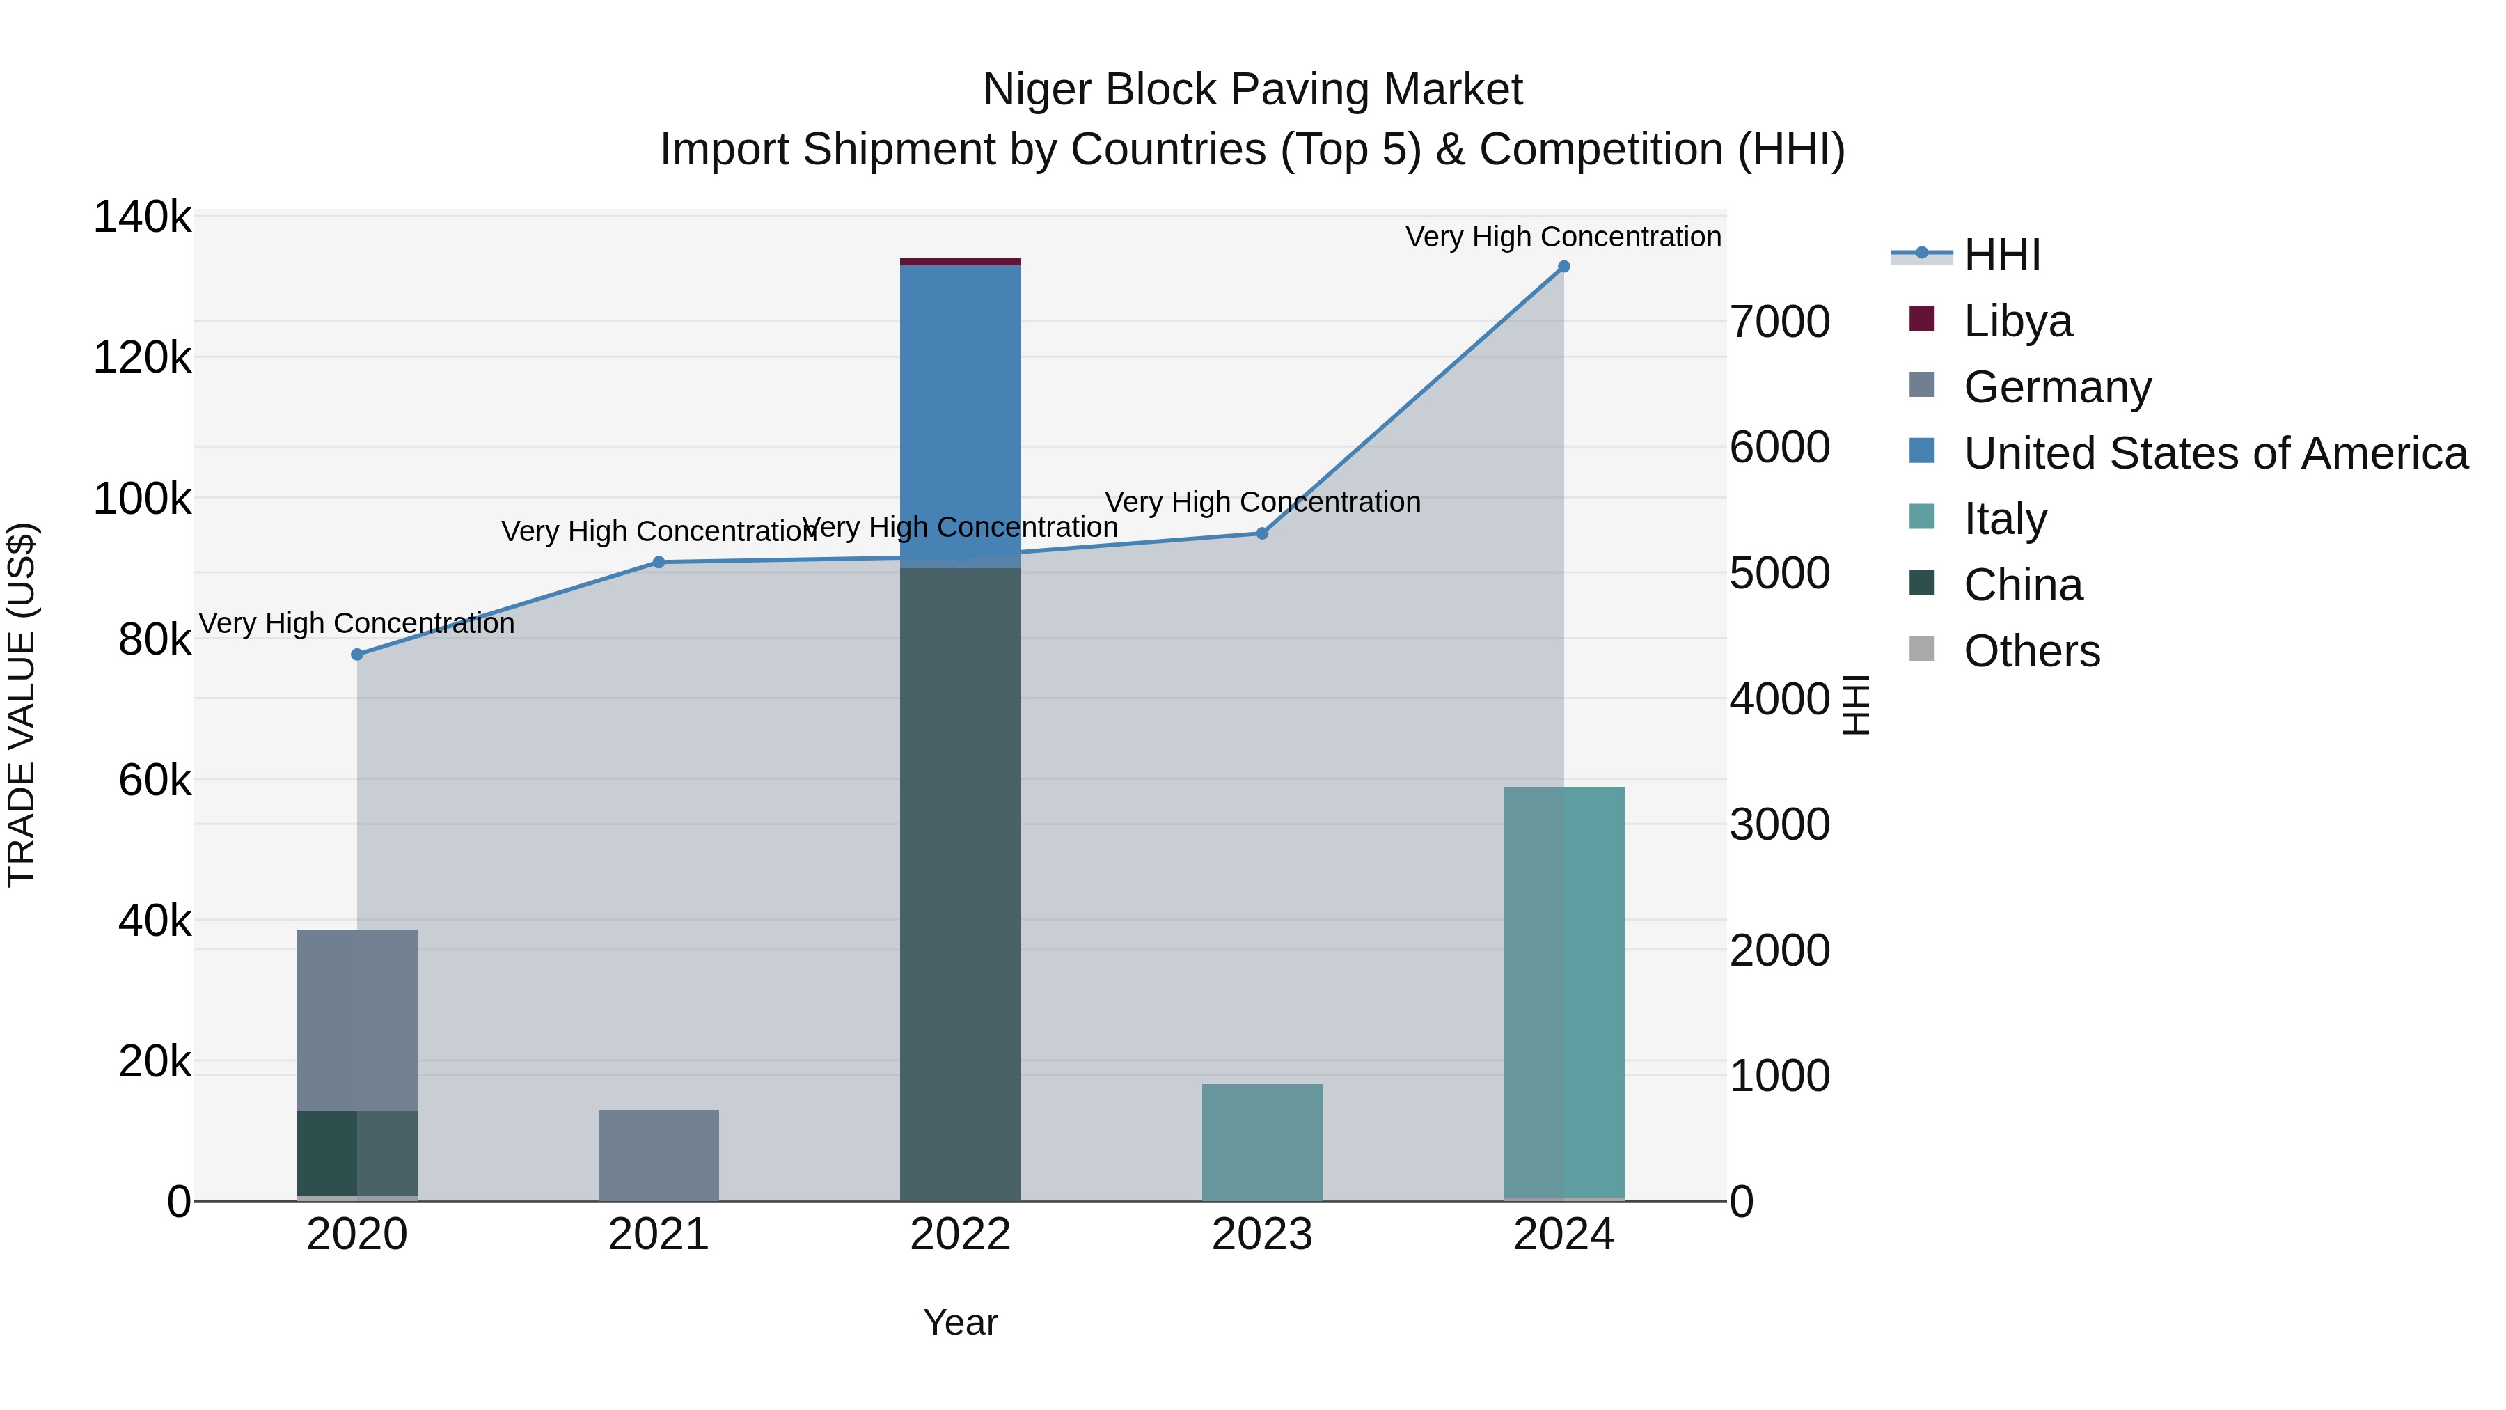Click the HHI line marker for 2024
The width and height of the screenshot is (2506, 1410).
(1563, 267)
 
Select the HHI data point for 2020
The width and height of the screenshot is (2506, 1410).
(357, 655)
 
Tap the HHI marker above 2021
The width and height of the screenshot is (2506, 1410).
(659, 563)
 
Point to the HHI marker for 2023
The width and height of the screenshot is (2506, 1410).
(1262, 533)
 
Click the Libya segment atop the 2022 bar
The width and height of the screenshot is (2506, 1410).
(960, 262)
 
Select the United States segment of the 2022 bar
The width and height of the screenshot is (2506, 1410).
(960, 409)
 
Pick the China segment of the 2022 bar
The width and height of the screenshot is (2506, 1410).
(960, 876)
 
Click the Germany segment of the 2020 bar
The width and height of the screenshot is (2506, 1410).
(357, 1017)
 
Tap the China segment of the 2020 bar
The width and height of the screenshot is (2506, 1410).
(357, 1153)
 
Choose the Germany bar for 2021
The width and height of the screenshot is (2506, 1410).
(659, 1155)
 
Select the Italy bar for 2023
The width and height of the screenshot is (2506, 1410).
(1262, 1143)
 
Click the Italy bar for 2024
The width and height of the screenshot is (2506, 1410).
(1563, 992)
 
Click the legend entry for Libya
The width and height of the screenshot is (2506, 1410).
(2017, 321)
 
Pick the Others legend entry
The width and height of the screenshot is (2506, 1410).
(2031, 651)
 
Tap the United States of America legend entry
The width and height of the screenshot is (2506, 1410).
(2215, 453)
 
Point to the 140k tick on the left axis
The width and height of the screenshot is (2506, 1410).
(142, 217)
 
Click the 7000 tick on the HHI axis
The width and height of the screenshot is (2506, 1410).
(1779, 322)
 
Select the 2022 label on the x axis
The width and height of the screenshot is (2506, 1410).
(960, 1235)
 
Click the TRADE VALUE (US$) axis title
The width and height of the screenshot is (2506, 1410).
(22, 705)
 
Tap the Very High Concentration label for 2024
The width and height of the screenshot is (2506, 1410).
(1563, 237)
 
